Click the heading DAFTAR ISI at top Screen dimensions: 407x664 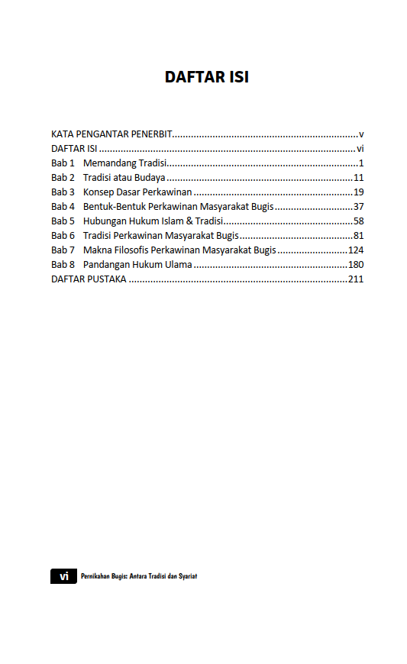[x=206, y=77]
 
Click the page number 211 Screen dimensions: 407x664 [x=356, y=279]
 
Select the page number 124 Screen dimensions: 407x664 [x=356, y=250]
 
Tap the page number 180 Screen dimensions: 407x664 [x=356, y=265]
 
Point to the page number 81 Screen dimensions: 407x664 [x=358, y=236]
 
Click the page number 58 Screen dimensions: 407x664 [x=358, y=221]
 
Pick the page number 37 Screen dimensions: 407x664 [x=358, y=207]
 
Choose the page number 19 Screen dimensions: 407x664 [x=358, y=192]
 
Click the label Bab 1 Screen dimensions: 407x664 [x=63, y=163]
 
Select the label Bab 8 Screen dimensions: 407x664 [x=63, y=265]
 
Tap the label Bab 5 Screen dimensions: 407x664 [x=63, y=221]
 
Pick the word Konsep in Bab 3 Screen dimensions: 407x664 [x=99, y=192]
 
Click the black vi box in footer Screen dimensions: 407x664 [x=63, y=576]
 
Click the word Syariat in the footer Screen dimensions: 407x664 [x=187, y=576]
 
